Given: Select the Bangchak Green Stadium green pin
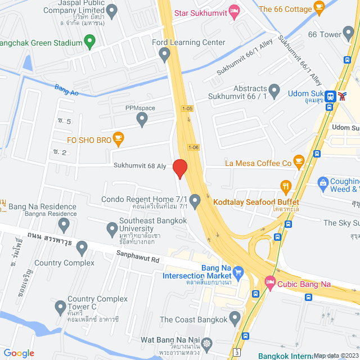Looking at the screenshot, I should point(89,41).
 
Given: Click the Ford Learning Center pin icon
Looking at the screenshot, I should point(164,54).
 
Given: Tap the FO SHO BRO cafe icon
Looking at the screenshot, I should point(118,137).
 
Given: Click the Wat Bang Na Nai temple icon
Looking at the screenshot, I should point(208,343).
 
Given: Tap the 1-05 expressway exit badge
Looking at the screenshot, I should point(187,109).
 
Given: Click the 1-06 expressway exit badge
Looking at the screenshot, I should point(193,147).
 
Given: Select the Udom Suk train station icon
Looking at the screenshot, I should point(332,96).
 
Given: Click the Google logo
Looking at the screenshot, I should point(19,353).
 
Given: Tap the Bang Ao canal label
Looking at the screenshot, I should point(66,89).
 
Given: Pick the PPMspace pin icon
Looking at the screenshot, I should point(142,119).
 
